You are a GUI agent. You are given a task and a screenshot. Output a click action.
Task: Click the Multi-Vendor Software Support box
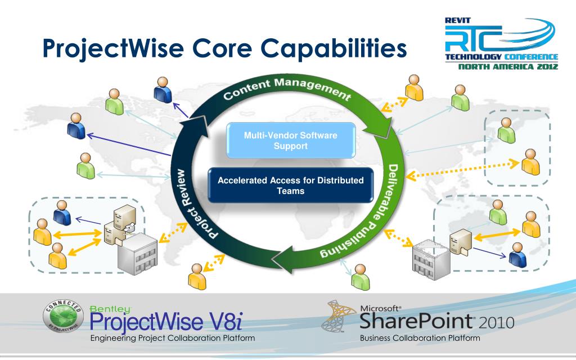pyautogui.click(x=291, y=140)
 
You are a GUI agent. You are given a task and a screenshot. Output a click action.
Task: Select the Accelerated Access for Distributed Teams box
pyautogui.click(x=291, y=185)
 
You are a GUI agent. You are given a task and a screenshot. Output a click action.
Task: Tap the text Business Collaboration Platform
pyautogui.click(x=420, y=338)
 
